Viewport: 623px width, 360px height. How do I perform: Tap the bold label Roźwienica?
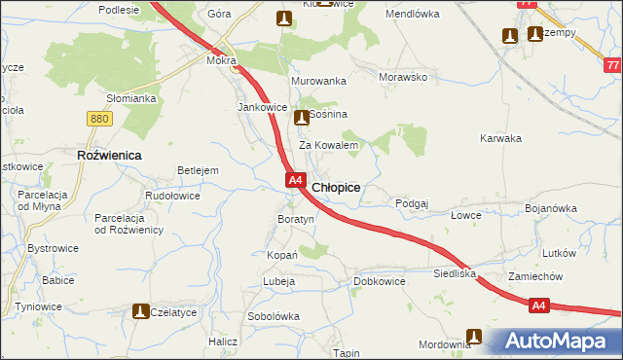tap(109, 155)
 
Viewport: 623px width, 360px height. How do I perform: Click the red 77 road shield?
tap(611, 65)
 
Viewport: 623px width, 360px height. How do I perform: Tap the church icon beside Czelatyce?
tap(139, 311)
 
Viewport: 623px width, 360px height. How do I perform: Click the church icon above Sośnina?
tap(301, 119)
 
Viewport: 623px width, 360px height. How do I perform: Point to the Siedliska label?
tap(455, 275)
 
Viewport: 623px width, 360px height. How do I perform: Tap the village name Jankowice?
tap(262, 107)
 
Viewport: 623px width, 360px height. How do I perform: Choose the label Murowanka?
tap(318, 81)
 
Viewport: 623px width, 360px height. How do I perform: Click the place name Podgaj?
tap(413, 203)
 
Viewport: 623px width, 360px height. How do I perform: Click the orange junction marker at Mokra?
tap(235, 68)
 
